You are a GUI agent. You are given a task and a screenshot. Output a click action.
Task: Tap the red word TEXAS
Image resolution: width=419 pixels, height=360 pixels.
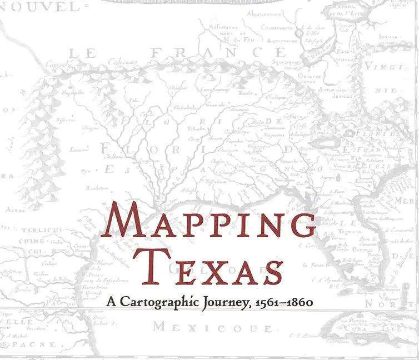click(209, 266)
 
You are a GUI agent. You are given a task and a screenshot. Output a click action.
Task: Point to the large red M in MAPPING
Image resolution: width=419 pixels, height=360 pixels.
click(124, 221)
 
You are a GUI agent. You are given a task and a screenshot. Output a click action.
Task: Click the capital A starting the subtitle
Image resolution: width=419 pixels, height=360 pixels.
click(111, 302)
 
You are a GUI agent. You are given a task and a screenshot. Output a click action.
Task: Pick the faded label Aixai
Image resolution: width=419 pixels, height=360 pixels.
click(12, 210)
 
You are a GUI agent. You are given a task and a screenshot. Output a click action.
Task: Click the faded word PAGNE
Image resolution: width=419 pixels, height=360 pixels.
click(33, 345)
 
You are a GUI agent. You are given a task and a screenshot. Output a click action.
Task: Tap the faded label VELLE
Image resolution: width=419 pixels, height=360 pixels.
click(20, 322)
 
